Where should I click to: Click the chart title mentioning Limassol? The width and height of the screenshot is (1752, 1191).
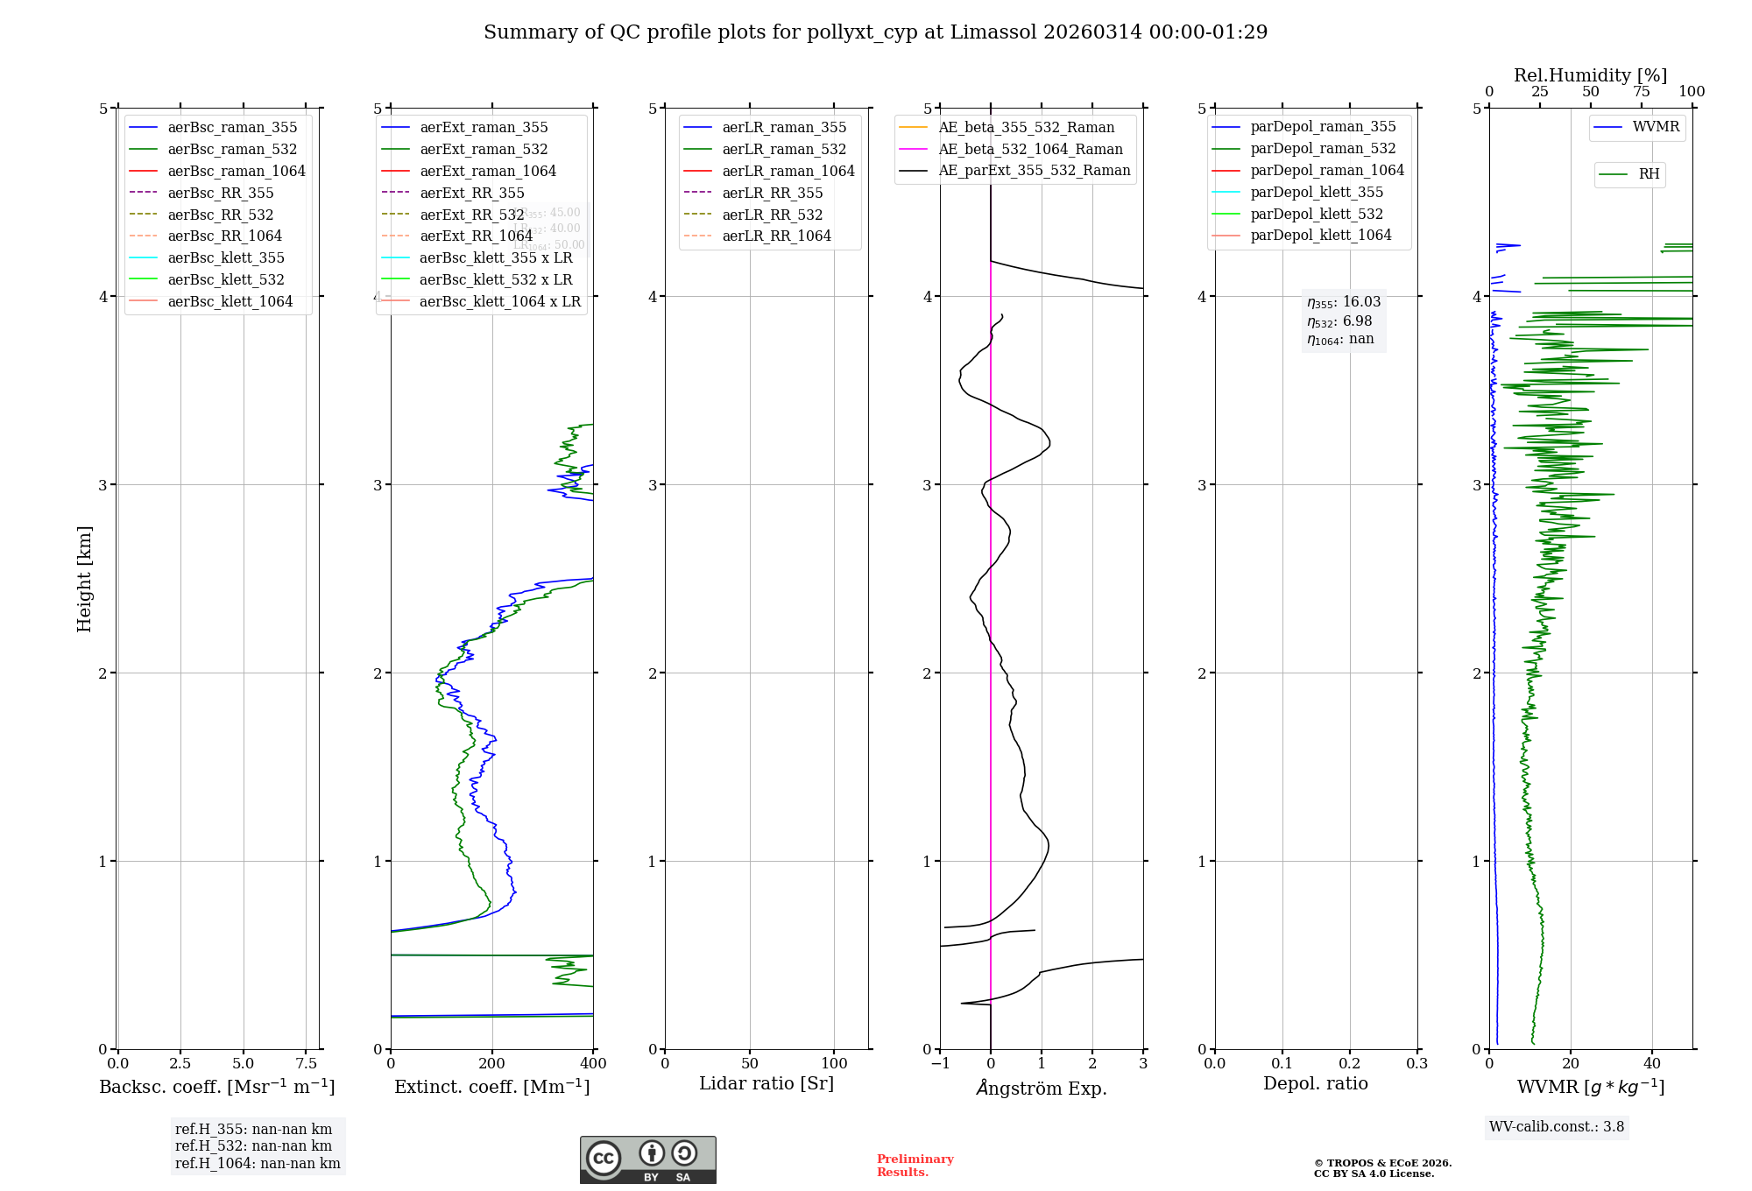[875, 32]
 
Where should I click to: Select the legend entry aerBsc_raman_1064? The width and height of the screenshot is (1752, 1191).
[237, 171]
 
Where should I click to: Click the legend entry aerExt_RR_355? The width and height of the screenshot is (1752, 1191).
[472, 193]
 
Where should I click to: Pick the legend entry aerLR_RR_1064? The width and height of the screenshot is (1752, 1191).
[776, 236]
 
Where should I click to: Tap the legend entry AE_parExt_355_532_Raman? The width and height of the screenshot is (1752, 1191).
[1034, 170]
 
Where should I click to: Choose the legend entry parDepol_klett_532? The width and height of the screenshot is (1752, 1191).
[1317, 214]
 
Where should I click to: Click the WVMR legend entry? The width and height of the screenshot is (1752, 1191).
[1656, 127]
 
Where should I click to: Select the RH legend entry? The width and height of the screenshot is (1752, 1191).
[1649, 174]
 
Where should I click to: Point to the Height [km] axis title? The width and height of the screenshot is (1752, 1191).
[84, 578]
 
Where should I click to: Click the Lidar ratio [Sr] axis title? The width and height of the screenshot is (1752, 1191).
[766, 1083]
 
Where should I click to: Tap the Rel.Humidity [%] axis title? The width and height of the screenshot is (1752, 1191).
[1590, 75]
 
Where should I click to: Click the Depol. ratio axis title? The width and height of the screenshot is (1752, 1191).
[1315, 1083]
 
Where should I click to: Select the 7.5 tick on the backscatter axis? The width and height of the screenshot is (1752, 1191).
[306, 1063]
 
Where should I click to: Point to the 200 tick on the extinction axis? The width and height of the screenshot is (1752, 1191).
[492, 1063]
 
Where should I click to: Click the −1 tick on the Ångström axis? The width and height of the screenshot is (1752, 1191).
[940, 1063]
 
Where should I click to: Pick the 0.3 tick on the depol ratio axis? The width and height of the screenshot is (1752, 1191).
[1416, 1063]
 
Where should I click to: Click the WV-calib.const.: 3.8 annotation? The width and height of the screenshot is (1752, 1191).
[1557, 1126]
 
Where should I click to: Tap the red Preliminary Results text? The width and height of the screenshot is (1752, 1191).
[915, 1165]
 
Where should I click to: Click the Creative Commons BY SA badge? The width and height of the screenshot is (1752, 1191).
[647, 1159]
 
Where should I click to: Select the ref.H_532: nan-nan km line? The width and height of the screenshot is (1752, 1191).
[253, 1145]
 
